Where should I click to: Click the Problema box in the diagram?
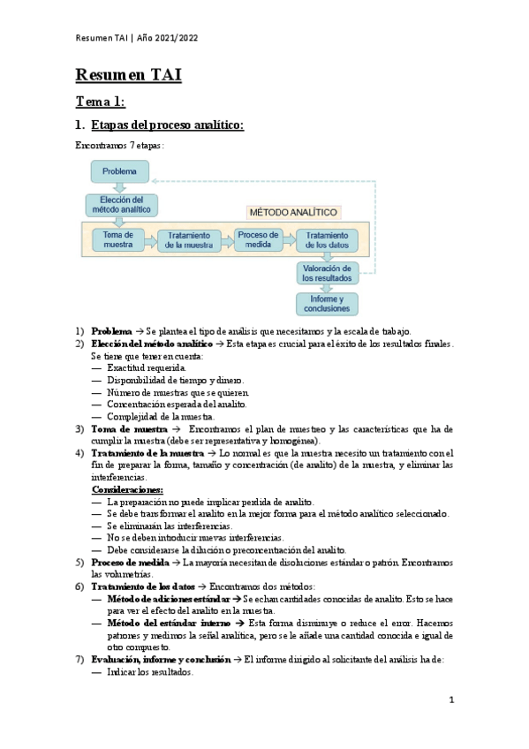[119, 171]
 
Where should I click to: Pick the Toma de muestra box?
[117, 239]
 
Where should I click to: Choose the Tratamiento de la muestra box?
[188, 239]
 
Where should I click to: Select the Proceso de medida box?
[258, 239]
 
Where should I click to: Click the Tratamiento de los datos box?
[327, 239]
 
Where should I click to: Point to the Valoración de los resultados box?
[327, 272]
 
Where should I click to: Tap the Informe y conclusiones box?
[327, 305]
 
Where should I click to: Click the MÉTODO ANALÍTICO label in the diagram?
[293, 213]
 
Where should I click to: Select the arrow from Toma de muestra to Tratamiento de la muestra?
[151, 239]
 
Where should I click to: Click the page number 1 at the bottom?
[451, 700]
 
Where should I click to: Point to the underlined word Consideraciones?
[127, 489]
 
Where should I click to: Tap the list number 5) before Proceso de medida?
[79, 562]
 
